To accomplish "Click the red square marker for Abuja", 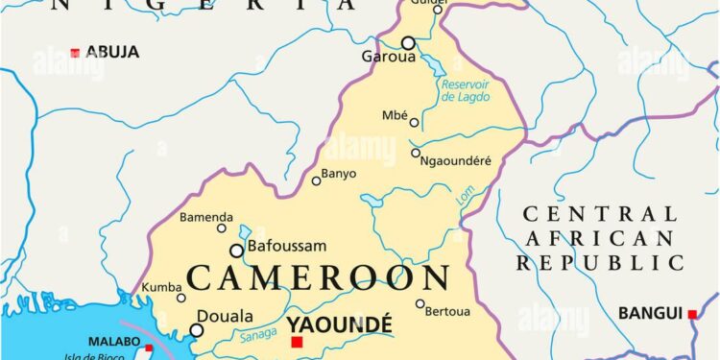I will pos(75,52).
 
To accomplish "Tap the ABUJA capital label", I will pos(112,52).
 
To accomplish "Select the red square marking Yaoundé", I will pos(297,342).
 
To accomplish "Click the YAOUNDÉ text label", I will pos(339,325).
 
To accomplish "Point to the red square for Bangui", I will pos(692,313).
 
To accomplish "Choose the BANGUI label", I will pos(651,313).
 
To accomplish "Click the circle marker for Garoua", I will pos(408,43).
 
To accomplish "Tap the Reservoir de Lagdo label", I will pos(467,90).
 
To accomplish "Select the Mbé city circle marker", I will pos(415,122).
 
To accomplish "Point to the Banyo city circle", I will pos(317,180).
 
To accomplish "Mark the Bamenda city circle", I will pos(222,228).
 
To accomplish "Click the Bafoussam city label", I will pos(287,247).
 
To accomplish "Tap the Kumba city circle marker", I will pos(180,298).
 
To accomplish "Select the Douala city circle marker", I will pos(197,330).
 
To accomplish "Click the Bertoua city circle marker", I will pos(420,304).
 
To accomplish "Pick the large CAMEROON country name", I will pos(318,277).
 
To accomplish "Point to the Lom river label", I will pos(467,197).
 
